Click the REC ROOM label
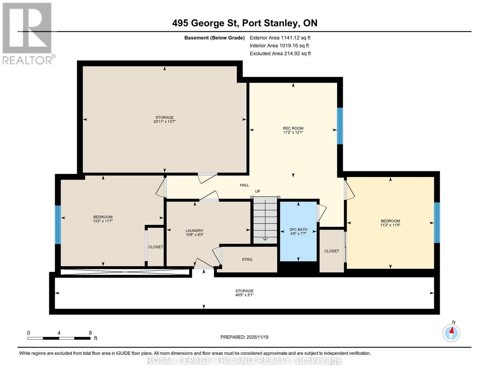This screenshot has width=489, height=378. tap(293, 128)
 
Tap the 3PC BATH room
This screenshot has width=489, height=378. tap(298, 232)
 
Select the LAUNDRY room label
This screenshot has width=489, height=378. tap(194, 231)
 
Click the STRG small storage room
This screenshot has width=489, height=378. tap(247, 260)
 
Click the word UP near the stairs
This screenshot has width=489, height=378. tap(258, 191)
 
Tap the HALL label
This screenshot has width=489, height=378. tap(244, 185)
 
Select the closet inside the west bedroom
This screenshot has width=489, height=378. tap(156, 247)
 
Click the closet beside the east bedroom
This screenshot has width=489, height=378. tap(332, 251)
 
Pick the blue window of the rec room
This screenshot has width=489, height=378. tap(340, 126)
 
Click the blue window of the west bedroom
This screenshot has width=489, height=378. tap(58, 225)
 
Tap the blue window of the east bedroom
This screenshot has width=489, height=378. tap(437, 223)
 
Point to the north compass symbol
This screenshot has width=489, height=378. tap(451, 333)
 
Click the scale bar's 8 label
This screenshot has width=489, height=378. tap(90, 333)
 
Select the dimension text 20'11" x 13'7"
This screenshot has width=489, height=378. tap(164, 122)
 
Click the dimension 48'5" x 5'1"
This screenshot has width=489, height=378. tap(244, 295)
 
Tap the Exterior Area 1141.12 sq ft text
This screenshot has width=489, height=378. tap(280, 38)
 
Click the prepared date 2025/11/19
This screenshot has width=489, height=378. tap(244, 337)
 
